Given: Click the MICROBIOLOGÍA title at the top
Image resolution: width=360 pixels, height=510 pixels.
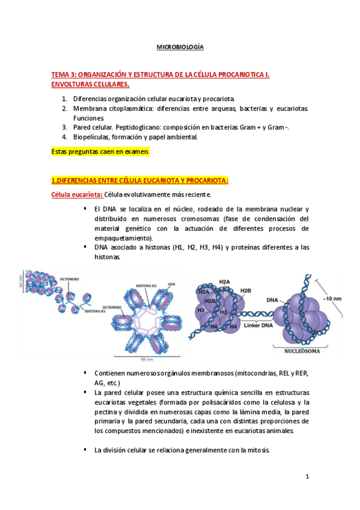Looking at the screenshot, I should pos(180,47).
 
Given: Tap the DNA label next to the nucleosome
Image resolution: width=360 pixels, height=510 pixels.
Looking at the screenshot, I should pos(272,300).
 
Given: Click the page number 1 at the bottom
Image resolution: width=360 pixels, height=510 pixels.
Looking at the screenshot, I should pos(307,477).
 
